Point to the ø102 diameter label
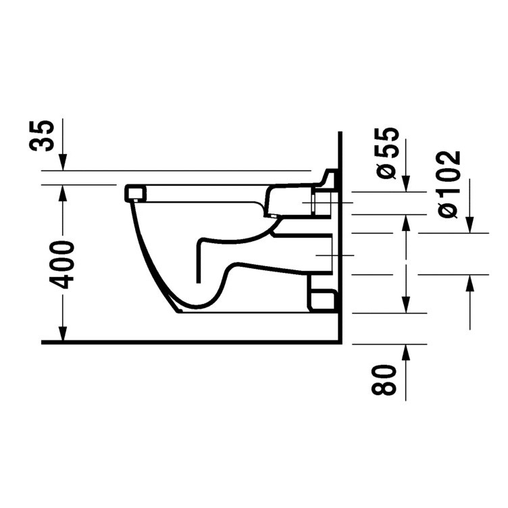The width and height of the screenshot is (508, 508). click(x=449, y=183)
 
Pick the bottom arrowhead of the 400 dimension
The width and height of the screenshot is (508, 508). click(x=62, y=334)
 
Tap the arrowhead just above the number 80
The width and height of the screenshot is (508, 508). click(x=406, y=351)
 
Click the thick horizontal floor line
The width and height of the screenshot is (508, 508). click(x=189, y=342)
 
